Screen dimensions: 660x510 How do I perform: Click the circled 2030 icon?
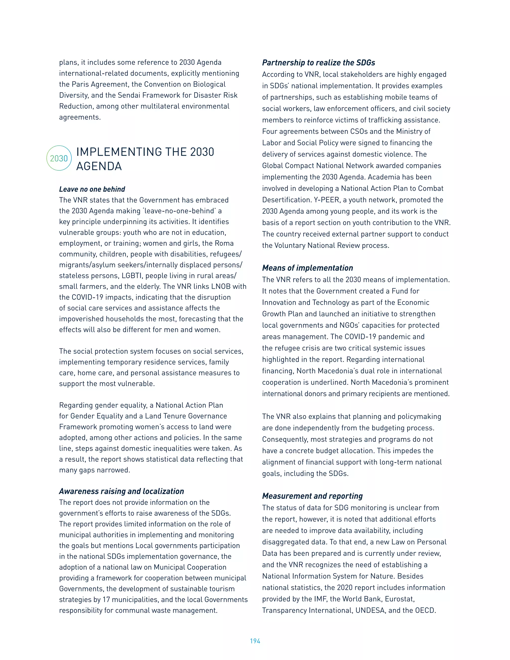click(x=59, y=158)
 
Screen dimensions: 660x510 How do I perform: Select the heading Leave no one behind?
click(x=92, y=189)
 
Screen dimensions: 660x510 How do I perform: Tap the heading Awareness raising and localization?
click(x=122, y=491)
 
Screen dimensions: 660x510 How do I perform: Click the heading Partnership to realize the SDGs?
click(x=319, y=63)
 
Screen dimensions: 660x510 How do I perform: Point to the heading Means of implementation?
click(x=307, y=268)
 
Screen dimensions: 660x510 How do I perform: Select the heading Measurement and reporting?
click(x=312, y=496)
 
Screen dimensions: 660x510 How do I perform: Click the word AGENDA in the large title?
click(x=99, y=166)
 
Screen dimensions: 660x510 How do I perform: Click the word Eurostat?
click(x=399, y=599)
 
